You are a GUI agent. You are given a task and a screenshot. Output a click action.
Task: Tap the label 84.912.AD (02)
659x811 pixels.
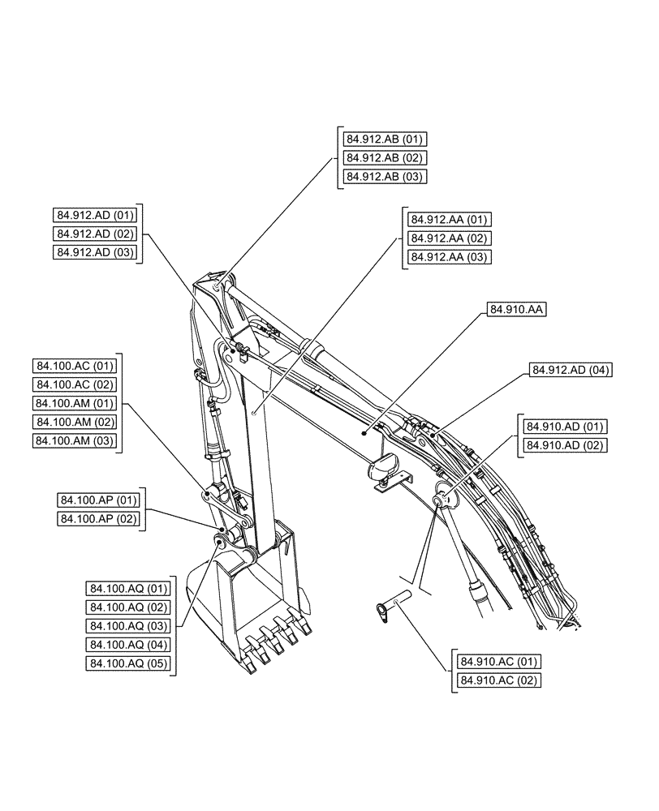tap(95, 234)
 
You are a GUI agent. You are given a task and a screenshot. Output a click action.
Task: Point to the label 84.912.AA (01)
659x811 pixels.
tap(449, 219)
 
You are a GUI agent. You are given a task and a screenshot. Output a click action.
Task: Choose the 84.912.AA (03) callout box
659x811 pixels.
tap(449, 257)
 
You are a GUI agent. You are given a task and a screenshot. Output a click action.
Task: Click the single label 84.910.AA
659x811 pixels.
tap(517, 309)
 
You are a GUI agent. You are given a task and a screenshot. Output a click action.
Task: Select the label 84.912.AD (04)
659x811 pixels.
tap(571, 370)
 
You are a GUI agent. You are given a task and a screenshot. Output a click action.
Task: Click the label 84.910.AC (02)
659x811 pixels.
tap(498, 680)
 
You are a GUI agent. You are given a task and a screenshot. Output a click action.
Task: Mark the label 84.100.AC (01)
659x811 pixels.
tap(75, 366)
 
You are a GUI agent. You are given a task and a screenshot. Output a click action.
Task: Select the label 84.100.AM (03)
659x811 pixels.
tap(75, 440)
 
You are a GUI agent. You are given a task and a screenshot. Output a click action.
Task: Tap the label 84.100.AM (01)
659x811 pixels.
tap(75, 403)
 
